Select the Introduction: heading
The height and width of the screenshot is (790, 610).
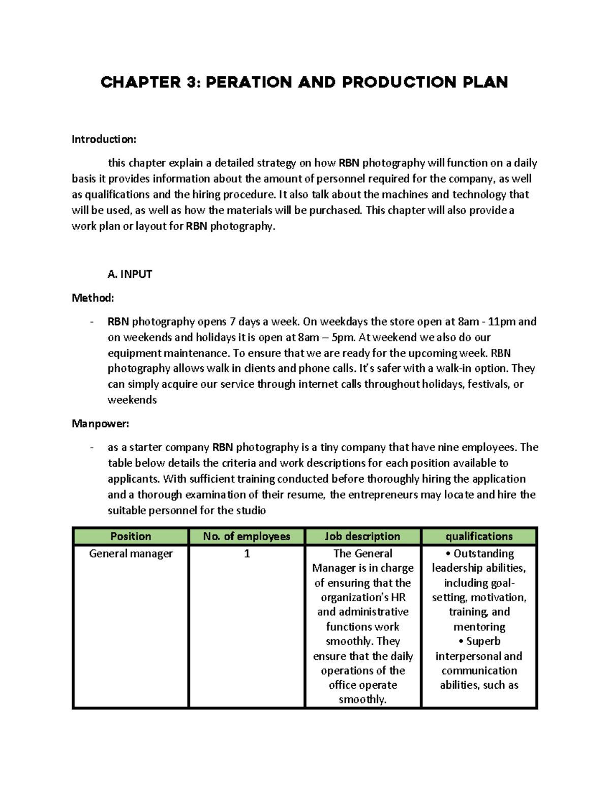[104, 139]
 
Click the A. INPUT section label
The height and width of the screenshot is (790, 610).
[130, 274]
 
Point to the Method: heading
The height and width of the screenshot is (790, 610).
[93, 298]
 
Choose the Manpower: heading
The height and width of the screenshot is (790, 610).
[100, 424]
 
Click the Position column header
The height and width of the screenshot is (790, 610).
[131, 536]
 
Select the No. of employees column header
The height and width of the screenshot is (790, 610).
[247, 536]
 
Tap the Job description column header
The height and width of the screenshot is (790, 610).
[362, 536]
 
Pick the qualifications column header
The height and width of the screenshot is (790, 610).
[479, 536]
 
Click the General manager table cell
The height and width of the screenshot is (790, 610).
[131, 553]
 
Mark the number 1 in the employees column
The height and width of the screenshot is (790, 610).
[247, 553]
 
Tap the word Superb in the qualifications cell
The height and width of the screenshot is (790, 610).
[483, 641]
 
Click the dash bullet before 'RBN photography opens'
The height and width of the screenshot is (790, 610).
[91, 322]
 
